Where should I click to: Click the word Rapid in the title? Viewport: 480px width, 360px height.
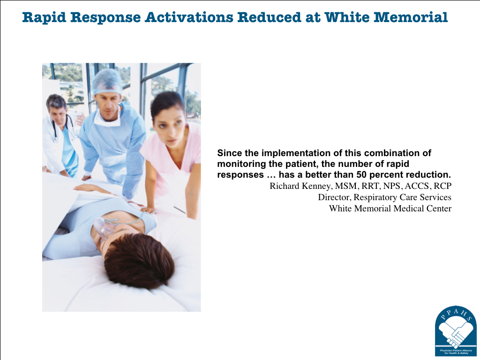pos(44,17)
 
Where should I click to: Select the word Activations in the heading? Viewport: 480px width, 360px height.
pos(189,17)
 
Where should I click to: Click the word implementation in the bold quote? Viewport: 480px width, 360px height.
pos(290,153)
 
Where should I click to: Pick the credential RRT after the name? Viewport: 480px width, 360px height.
pos(370,186)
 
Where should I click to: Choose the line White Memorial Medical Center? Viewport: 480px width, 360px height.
pos(390,209)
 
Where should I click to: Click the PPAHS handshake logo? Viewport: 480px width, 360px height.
pos(456,331)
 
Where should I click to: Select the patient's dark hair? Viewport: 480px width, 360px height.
pos(139,261)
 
